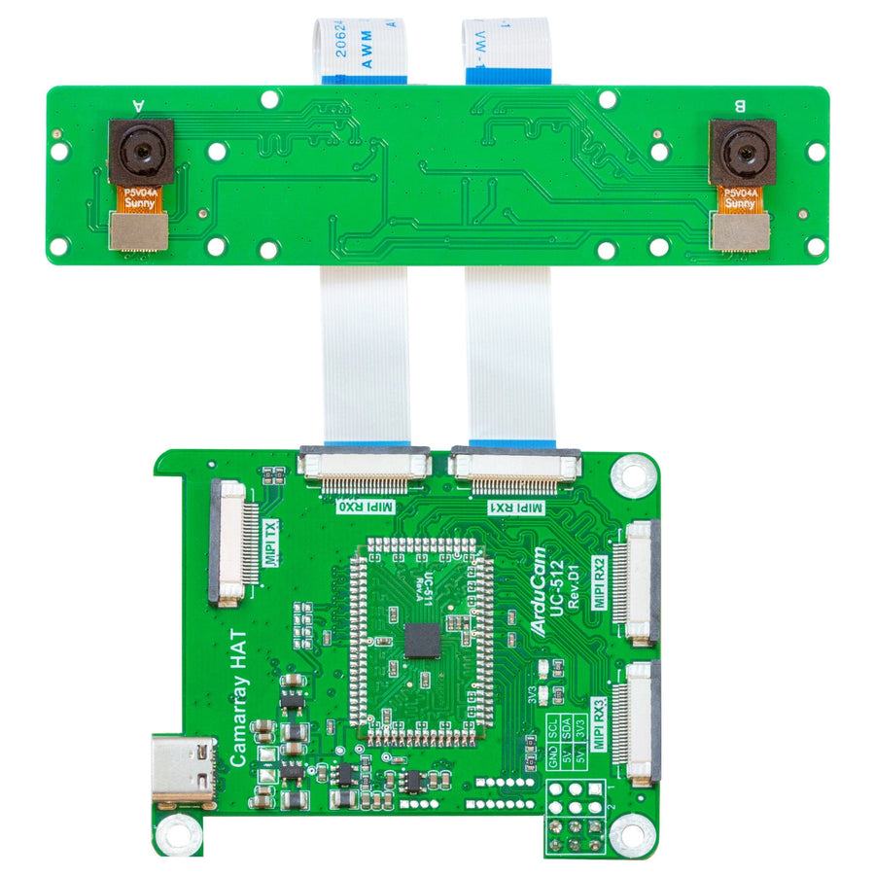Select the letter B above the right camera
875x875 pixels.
click(740, 105)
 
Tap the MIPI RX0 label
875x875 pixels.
click(363, 507)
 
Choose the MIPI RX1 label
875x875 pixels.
click(514, 507)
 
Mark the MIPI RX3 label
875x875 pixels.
click(599, 721)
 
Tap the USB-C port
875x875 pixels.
click(183, 772)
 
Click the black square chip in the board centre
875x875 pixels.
click(423, 640)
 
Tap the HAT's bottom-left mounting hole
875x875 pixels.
click(178, 832)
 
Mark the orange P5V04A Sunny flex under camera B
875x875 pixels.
click(741, 199)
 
